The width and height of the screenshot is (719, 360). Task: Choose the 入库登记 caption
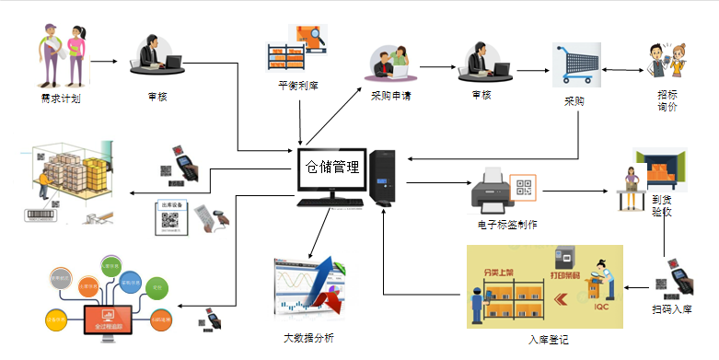(x=549, y=340)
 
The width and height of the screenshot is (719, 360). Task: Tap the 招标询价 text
(x=667, y=100)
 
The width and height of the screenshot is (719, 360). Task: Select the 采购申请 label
(x=391, y=95)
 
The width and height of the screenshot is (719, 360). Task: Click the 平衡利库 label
(x=297, y=85)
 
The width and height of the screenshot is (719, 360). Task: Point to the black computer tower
(x=383, y=178)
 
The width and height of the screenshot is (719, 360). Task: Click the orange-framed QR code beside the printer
(x=523, y=188)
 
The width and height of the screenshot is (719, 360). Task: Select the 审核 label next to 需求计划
(x=157, y=96)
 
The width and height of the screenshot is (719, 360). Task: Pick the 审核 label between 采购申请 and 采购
(x=481, y=95)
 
